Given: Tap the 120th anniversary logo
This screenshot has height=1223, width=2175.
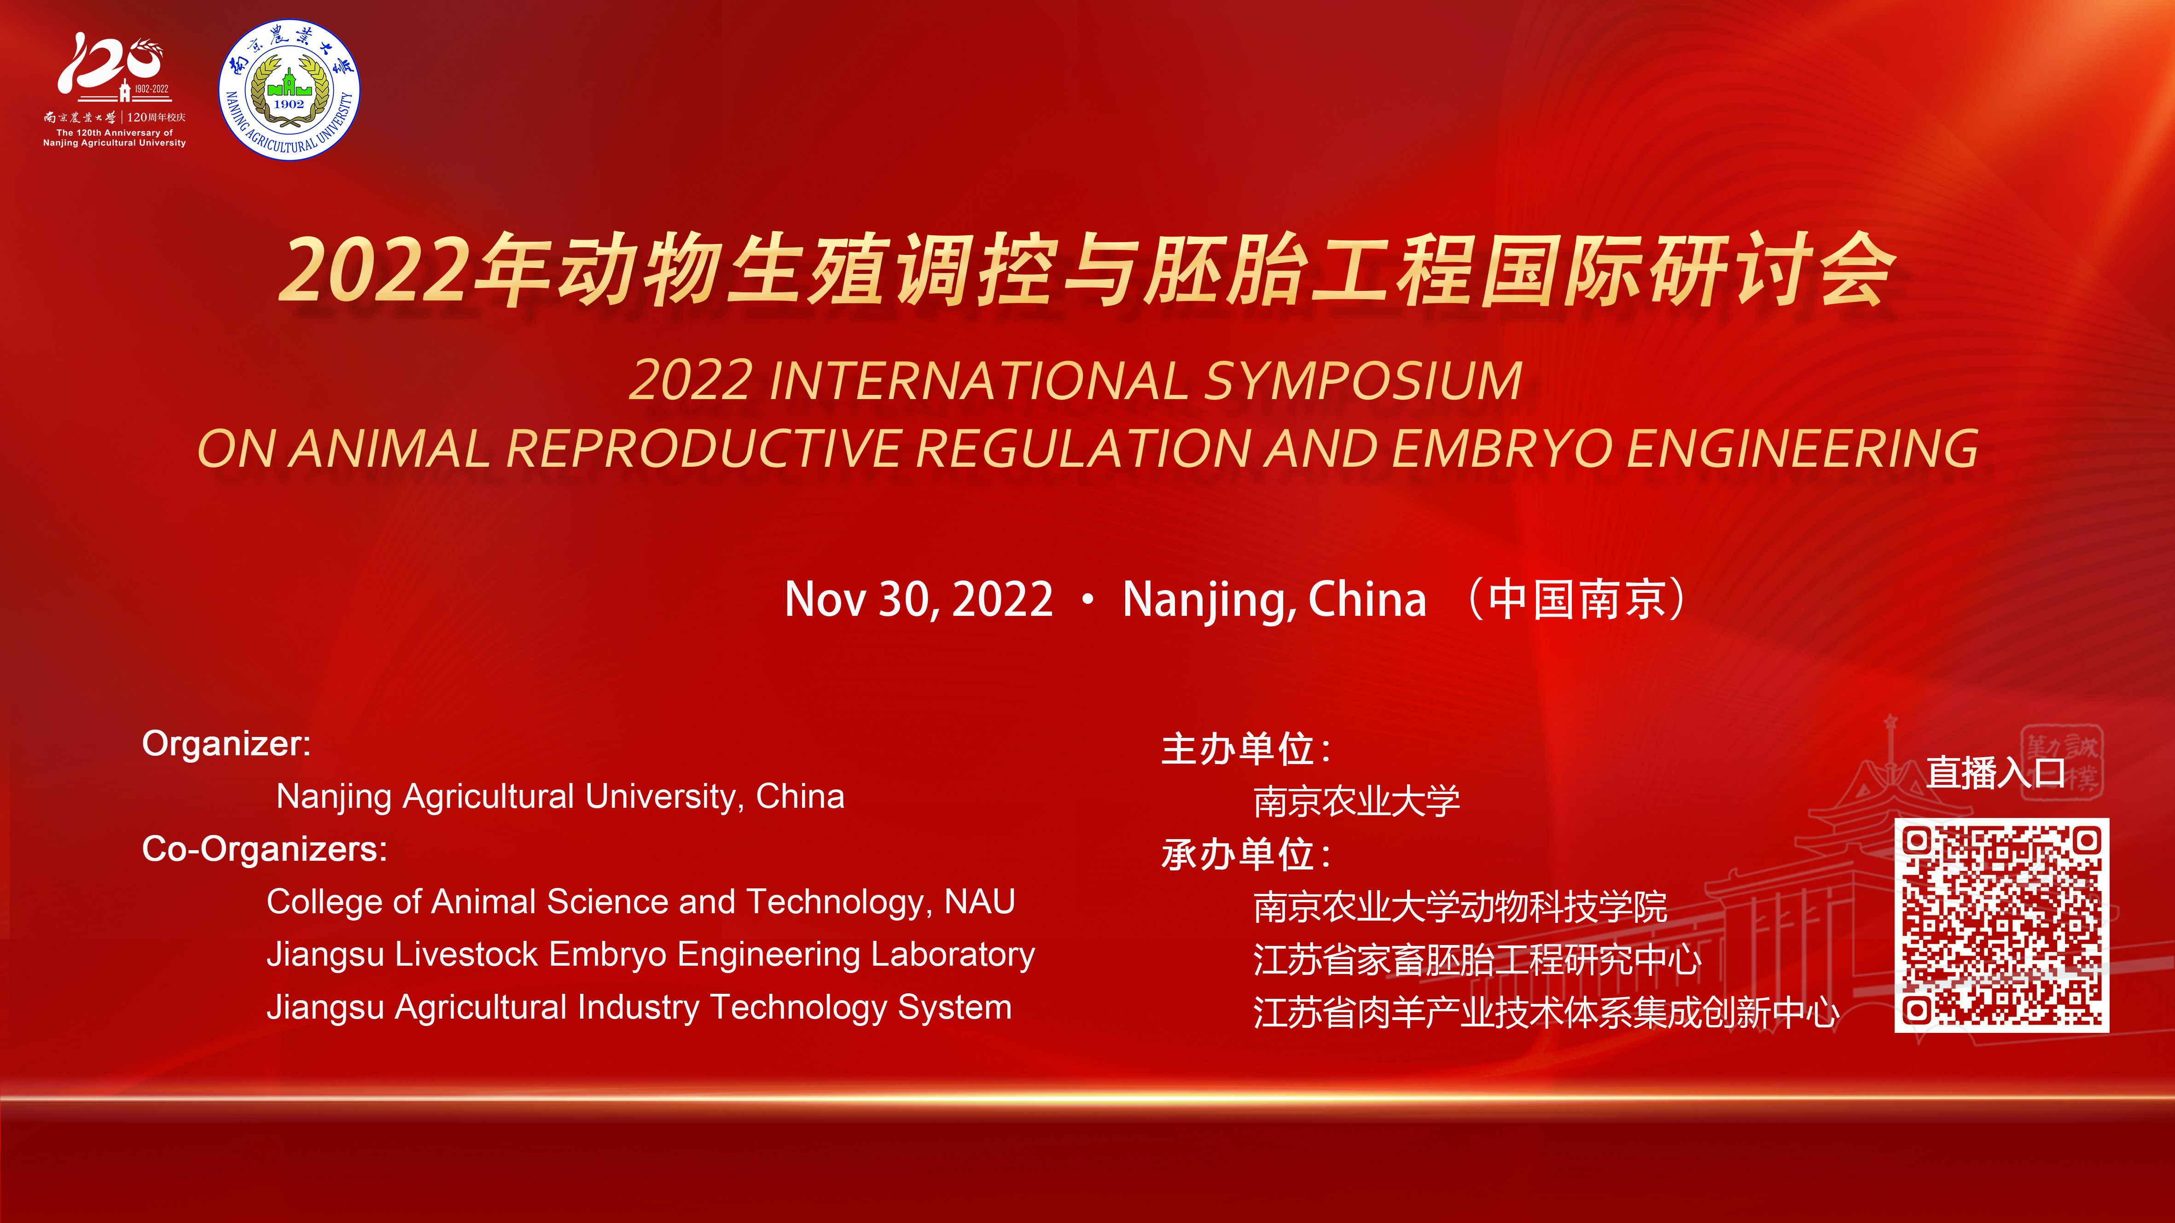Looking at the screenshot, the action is pos(115,89).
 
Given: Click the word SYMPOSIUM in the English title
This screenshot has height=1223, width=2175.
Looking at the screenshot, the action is pos(1363,381).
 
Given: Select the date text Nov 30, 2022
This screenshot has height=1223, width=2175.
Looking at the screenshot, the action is pos(919,599).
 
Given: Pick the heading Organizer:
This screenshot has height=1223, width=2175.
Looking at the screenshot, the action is pos(226,743).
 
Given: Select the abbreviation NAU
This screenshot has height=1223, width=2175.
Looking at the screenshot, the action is pos(979,901).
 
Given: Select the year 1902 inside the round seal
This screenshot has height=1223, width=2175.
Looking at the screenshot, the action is pos(289,104).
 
